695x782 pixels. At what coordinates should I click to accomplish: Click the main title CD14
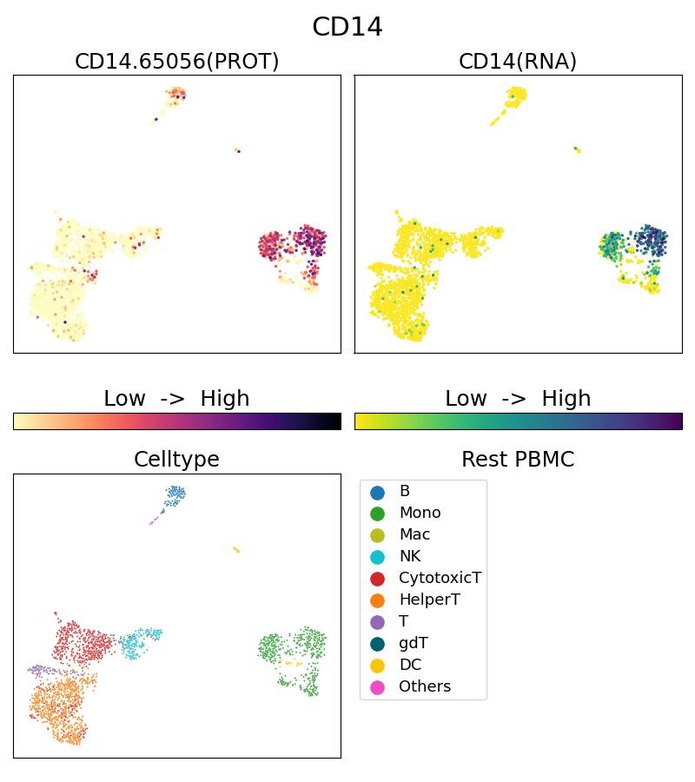[x=347, y=27]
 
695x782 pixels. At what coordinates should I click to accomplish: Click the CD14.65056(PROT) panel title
[x=177, y=62]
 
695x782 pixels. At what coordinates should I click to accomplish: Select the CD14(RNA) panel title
[x=518, y=62]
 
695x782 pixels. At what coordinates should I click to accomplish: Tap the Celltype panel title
[x=176, y=460]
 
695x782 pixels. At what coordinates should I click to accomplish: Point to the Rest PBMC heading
[x=518, y=460]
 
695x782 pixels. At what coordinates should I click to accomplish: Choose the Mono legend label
[x=420, y=513]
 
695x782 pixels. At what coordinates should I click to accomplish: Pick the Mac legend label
[x=414, y=534]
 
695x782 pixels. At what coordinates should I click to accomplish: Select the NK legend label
[x=410, y=556]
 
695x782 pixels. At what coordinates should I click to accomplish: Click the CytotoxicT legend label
[x=440, y=578]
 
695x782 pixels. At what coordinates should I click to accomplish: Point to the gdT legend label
[x=413, y=643]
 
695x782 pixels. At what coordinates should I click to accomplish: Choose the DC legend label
[x=410, y=665]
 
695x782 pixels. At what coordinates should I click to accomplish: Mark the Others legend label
[x=425, y=686]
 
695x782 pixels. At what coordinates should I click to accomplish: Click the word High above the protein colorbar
[x=225, y=399]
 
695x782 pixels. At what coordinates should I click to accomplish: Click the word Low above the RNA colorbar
[x=467, y=399]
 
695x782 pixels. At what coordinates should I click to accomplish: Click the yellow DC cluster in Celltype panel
[x=235, y=549]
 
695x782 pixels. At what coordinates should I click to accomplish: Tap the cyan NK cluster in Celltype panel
[x=139, y=644]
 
